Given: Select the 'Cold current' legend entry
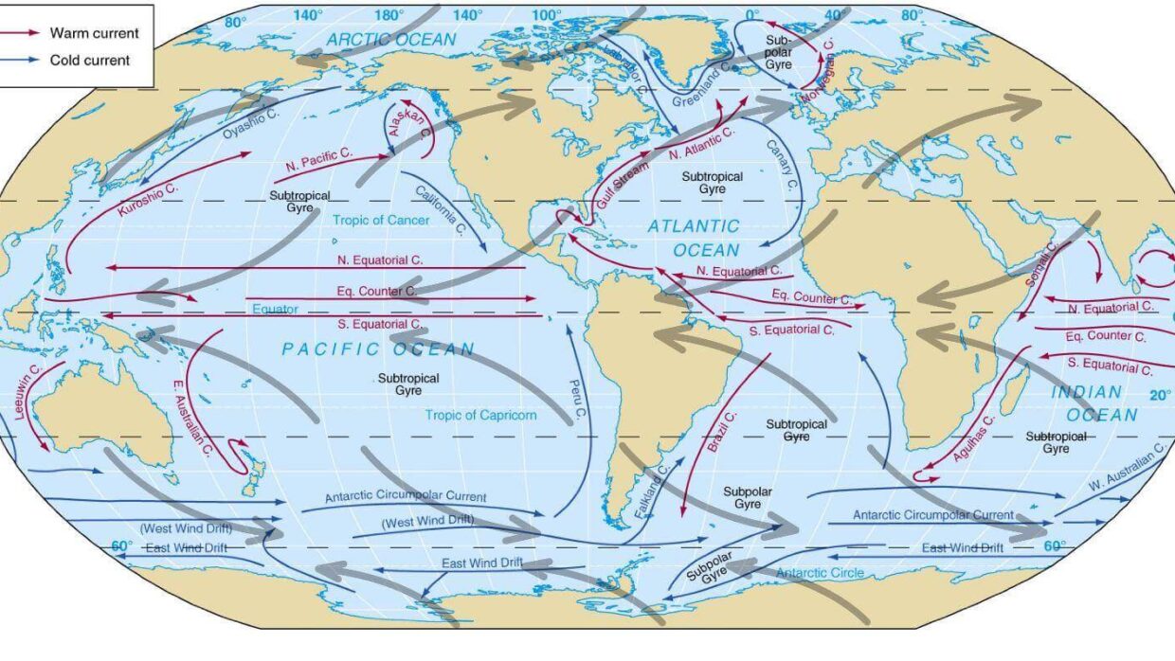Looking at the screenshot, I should [x=91, y=60].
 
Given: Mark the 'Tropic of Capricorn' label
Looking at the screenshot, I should [x=480, y=415].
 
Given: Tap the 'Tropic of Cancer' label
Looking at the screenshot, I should [x=381, y=220].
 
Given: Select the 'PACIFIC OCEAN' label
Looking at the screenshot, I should [x=377, y=349].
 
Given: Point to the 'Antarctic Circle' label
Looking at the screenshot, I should [x=815, y=573].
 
